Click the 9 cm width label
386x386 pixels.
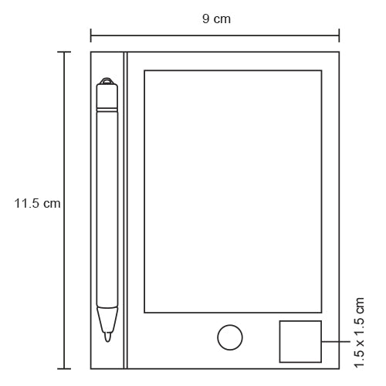[216, 19]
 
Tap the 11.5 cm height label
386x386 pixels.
[37, 203]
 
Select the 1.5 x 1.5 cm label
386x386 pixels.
[359, 333]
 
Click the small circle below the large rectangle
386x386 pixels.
[230, 337]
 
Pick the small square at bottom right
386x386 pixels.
[300, 341]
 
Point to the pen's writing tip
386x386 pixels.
[107, 337]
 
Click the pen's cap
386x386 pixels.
[107, 96]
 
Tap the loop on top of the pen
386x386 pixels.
[107, 81]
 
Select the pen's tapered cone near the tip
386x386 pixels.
[107, 320]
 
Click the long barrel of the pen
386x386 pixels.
[107, 209]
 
